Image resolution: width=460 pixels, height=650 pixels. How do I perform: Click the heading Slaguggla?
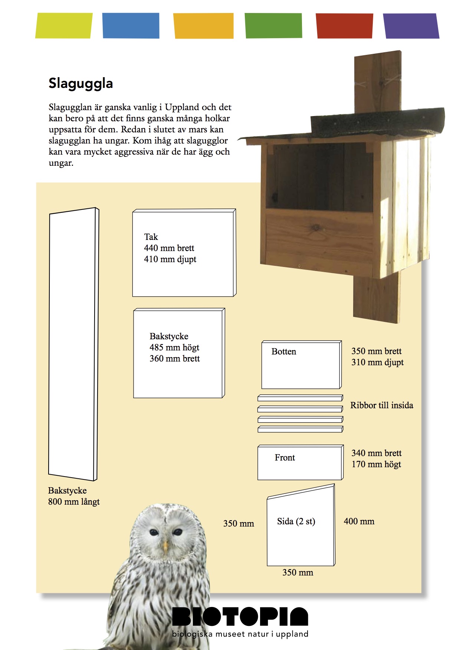tap(80, 83)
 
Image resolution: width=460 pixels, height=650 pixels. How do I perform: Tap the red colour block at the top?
tap(344, 26)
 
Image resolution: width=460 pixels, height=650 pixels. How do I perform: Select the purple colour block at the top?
tap(411, 26)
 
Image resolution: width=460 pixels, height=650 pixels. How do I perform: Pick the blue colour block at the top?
tap(131, 26)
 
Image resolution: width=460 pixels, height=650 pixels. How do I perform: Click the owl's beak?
tap(166, 545)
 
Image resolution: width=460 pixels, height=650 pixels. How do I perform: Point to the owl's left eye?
tap(154, 533)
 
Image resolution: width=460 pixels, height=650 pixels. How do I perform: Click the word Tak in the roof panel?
tap(151, 237)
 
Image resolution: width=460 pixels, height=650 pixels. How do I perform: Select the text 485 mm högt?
tap(174, 347)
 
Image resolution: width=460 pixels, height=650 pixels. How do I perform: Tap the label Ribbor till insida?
tap(382, 405)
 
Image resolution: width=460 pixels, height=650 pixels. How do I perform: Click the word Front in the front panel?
tap(285, 458)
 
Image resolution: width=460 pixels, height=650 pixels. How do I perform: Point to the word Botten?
tap(284, 352)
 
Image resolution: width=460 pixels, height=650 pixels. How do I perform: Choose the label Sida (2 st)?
tap(296, 521)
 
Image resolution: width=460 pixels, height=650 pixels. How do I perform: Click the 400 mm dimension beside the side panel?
tap(359, 521)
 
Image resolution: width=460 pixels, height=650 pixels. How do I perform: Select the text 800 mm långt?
tap(74, 502)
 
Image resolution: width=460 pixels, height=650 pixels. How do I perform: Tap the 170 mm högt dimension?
tap(377, 464)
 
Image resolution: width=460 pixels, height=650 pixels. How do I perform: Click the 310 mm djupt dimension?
tap(378, 362)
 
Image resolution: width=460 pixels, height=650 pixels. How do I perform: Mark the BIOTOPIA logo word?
tap(240, 616)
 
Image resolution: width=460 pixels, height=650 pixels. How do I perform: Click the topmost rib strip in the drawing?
tap(300, 398)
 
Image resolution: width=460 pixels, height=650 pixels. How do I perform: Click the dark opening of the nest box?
tap(319, 178)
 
